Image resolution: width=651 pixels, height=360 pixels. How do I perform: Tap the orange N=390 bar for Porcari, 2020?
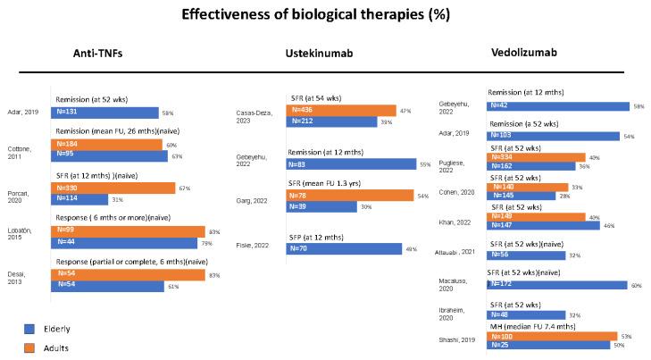click(113, 188)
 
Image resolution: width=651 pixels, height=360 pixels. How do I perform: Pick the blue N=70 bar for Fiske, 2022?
click(344, 249)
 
